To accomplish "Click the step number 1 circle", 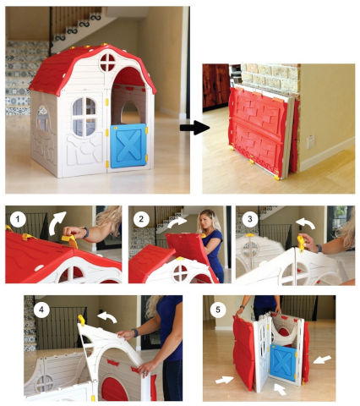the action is [x=18, y=218].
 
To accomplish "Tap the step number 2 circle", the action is [x=141, y=218].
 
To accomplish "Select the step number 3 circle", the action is [x=249, y=218].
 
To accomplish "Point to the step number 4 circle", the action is [x=41, y=310].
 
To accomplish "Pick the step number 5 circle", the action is [x=218, y=310].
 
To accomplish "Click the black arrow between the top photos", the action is [x=194, y=128].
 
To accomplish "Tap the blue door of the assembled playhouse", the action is [x=128, y=145].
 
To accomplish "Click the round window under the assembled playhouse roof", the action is [x=107, y=63].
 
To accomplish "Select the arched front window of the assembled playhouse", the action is [x=85, y=117].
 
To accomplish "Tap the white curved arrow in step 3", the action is [x=306, y=223].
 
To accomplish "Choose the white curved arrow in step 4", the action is [x=108, y=316].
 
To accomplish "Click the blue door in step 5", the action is [x=282, y=362].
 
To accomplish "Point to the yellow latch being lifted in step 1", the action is [x=69, y=240].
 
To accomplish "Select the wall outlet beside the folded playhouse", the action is [x=311, y=141].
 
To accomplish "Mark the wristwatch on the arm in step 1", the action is [x=86, y=233].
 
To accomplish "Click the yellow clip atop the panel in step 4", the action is [x=81, y=320].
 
